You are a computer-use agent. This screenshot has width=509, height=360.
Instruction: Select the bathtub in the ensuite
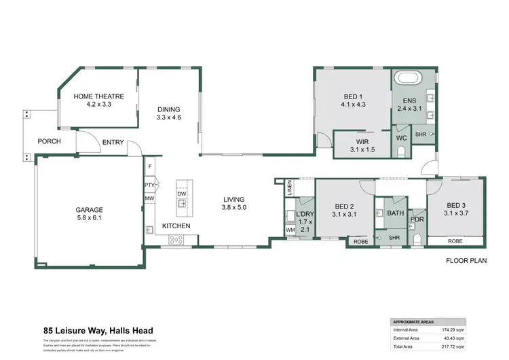[x=409, y=77]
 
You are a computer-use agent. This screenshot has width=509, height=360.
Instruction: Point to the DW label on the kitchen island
[x=182, y=194]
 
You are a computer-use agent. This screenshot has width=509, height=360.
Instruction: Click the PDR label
[x=417, y=219]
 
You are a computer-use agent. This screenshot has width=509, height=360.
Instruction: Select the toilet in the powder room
[x=417, y=238]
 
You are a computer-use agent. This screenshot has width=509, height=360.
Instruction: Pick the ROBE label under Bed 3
[x=455, y=241]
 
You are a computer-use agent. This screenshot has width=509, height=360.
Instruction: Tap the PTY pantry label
[x=149, y=185]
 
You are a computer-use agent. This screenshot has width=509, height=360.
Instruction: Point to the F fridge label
[x=149, y=166]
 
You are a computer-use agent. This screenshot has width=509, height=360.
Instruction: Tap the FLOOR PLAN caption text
[x=465, y=261]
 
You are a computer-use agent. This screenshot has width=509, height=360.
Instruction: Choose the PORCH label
[x=50, y=141]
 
